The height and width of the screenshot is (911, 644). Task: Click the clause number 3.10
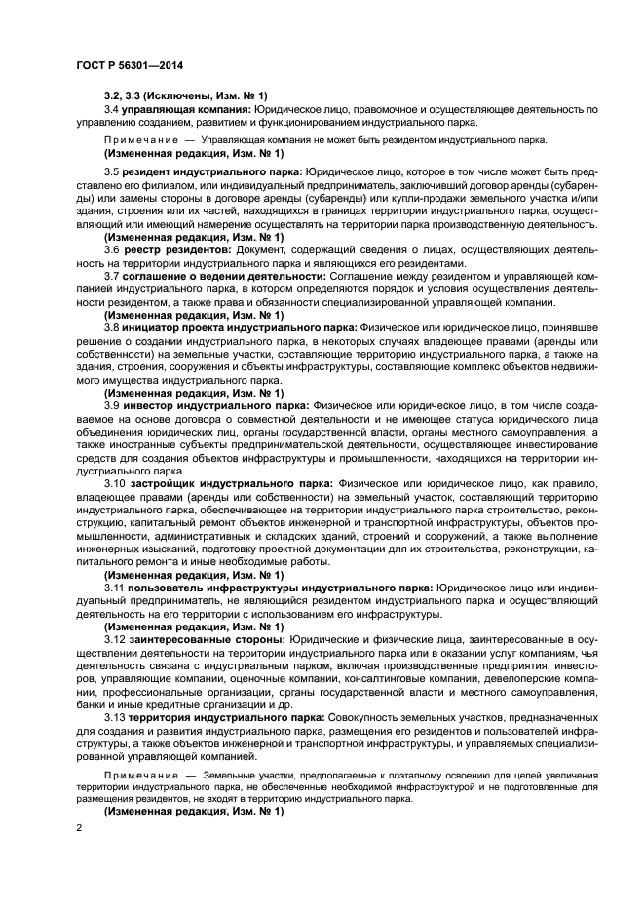[115, 481]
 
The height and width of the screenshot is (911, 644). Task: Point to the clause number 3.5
[111, 170]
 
